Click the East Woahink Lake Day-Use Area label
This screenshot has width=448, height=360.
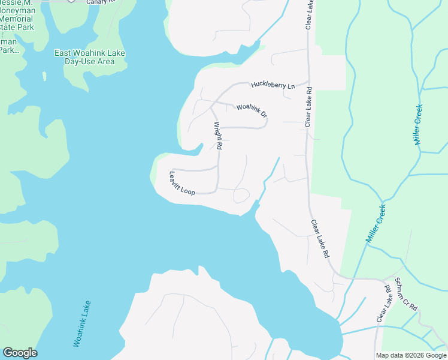[x=89, y=58]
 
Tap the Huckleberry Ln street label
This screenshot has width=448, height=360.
[x=273, y=85]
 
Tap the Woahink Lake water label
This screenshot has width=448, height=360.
[x=82, y=323]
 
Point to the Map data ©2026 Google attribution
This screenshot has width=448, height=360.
[x=410, y=355]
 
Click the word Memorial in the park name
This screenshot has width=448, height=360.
[x=17, y=19]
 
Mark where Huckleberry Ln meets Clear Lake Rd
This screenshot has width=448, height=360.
[x=308, y=81]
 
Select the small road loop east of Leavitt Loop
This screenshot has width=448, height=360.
[x=241, y=196]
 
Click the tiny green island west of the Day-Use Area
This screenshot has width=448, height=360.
[x=44, y=76]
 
